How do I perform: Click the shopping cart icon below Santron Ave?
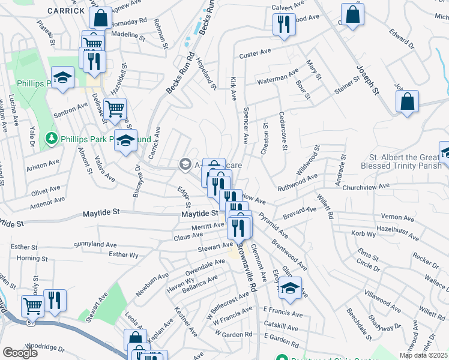(115, 110)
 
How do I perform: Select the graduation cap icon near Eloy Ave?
(290, 288)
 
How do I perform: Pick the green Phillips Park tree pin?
(53, 139)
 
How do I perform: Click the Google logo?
(20, 353)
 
